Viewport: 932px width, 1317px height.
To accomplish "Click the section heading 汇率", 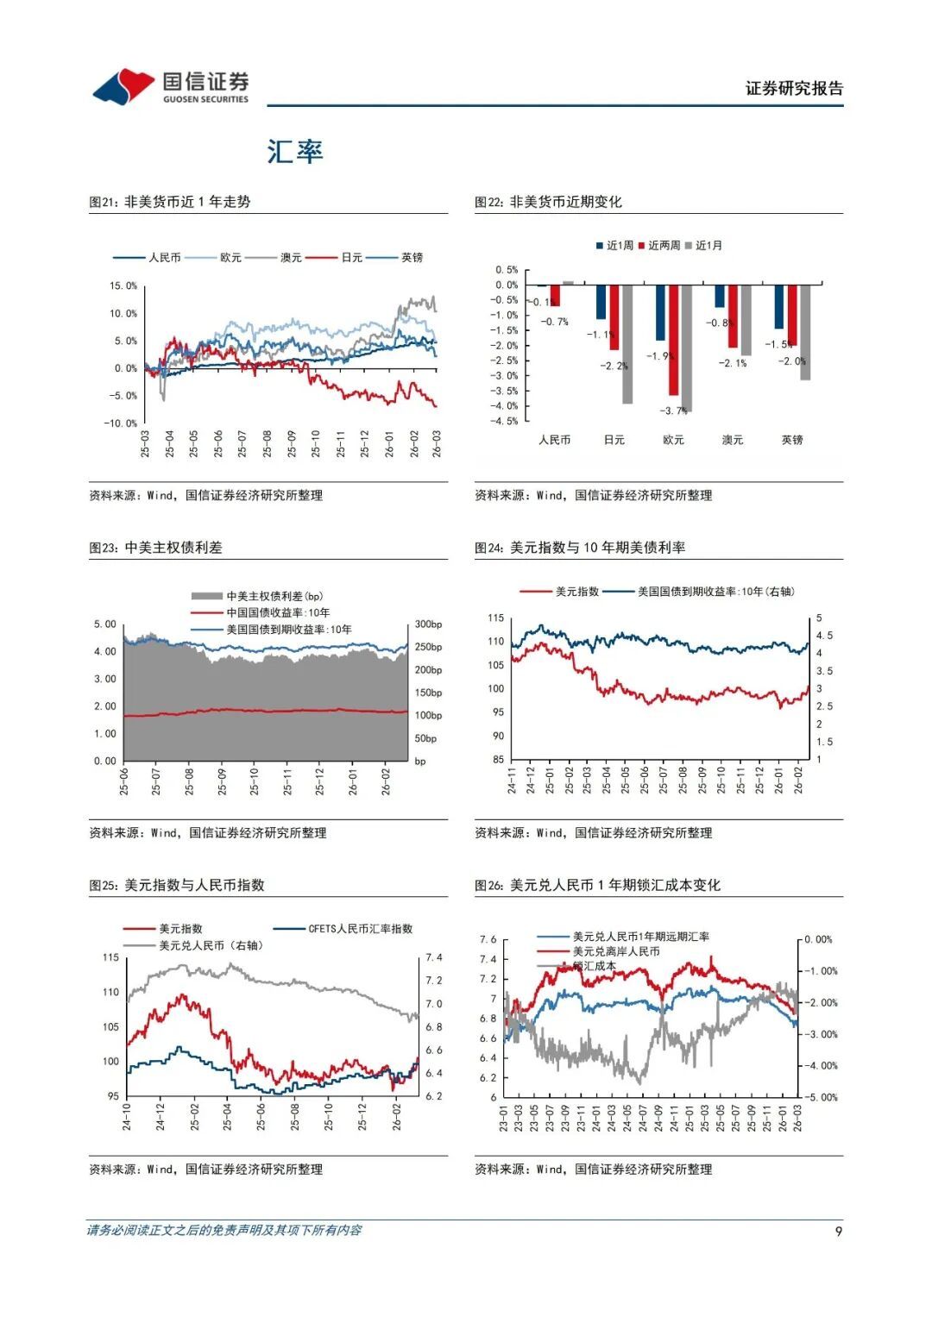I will [x=294, y=152].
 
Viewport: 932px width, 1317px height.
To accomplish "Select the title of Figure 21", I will [x=170, y=202].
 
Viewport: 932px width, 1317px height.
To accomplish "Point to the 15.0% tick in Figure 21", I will [x=123, y=285].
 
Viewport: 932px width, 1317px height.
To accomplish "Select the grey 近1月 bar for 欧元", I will [x=686, y=348].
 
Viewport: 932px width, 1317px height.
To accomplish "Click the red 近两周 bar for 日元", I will [x=614, y=317].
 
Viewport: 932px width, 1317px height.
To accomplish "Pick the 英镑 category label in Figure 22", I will [x=791, y=440].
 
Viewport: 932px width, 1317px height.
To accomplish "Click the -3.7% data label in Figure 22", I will [x=673, y=411].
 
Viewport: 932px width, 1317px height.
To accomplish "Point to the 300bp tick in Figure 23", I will [x=428, y=624].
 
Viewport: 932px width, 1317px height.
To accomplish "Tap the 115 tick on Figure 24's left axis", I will [x=495, y=618].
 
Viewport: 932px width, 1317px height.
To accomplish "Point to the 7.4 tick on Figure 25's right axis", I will [x=433, y=957].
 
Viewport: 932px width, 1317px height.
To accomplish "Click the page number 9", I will [x=838, y=1231].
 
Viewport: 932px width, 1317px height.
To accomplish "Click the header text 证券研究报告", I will [x=794, y=89].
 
